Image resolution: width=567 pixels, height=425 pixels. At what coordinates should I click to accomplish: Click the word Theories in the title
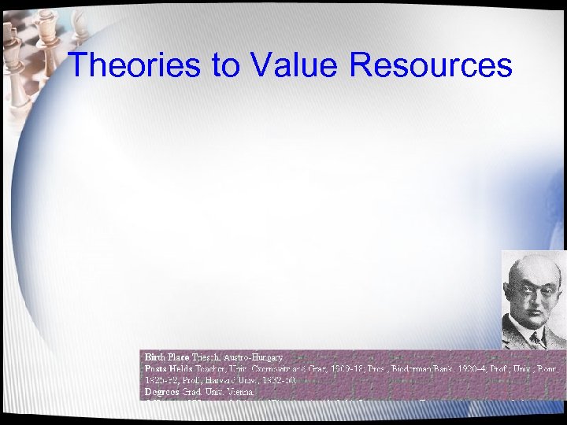(133, 65)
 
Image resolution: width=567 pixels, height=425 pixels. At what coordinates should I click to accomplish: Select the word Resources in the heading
(431, 65)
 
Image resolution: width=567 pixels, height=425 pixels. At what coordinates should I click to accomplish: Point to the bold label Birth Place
(166, 357)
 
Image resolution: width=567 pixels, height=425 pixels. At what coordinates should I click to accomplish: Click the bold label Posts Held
(167, 368)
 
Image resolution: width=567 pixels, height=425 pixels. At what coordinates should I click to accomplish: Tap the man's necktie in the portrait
(536, 339)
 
